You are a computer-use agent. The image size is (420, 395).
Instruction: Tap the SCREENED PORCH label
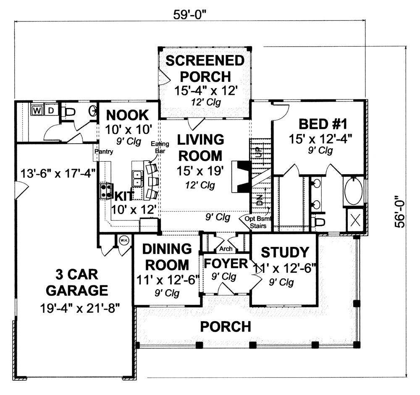205,68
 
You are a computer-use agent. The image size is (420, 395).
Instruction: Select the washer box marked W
37,111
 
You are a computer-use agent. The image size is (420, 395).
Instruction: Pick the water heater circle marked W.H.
124,241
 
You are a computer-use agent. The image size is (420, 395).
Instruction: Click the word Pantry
103,152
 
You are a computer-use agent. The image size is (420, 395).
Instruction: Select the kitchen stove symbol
105,191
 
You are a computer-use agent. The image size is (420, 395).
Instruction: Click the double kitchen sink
137,179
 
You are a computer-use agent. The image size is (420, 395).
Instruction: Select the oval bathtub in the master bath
353,191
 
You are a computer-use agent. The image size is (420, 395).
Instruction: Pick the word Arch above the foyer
226,249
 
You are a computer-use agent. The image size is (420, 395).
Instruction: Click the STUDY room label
285,252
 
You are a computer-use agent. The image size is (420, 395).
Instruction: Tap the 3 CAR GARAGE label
77,283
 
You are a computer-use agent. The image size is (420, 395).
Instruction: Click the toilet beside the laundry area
69,112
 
